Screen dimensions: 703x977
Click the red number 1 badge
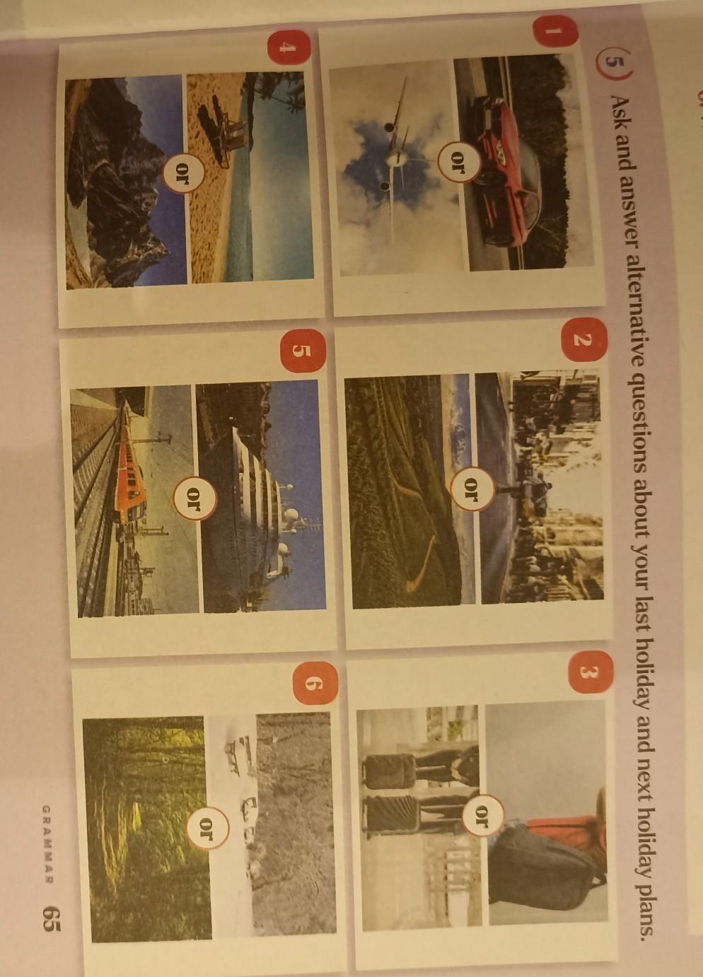pos(554,31)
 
